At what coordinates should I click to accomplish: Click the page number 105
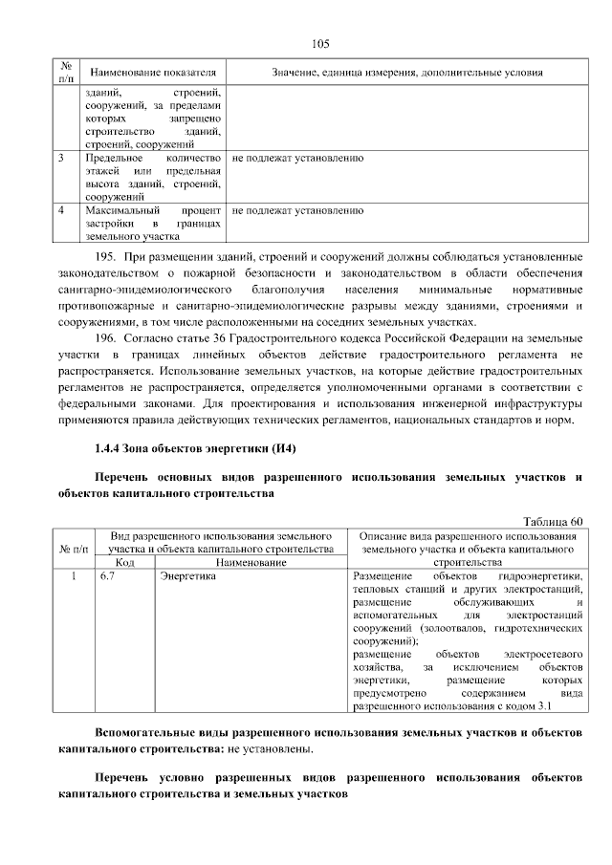[319, 43]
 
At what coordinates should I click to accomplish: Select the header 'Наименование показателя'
[152, 73]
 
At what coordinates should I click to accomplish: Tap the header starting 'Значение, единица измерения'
[406, 73]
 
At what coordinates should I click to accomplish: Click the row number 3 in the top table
[63, 157]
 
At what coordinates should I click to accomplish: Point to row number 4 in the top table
[63, 209]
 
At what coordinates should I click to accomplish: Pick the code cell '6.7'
[107, 577]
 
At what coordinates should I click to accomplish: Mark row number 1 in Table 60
[73, 577]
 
